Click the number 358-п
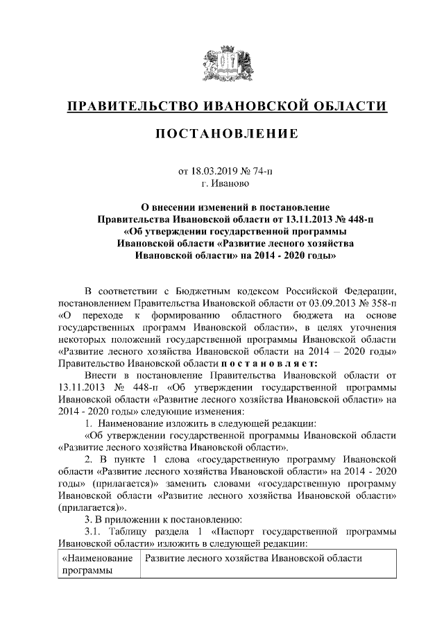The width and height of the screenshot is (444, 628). [381, 303]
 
